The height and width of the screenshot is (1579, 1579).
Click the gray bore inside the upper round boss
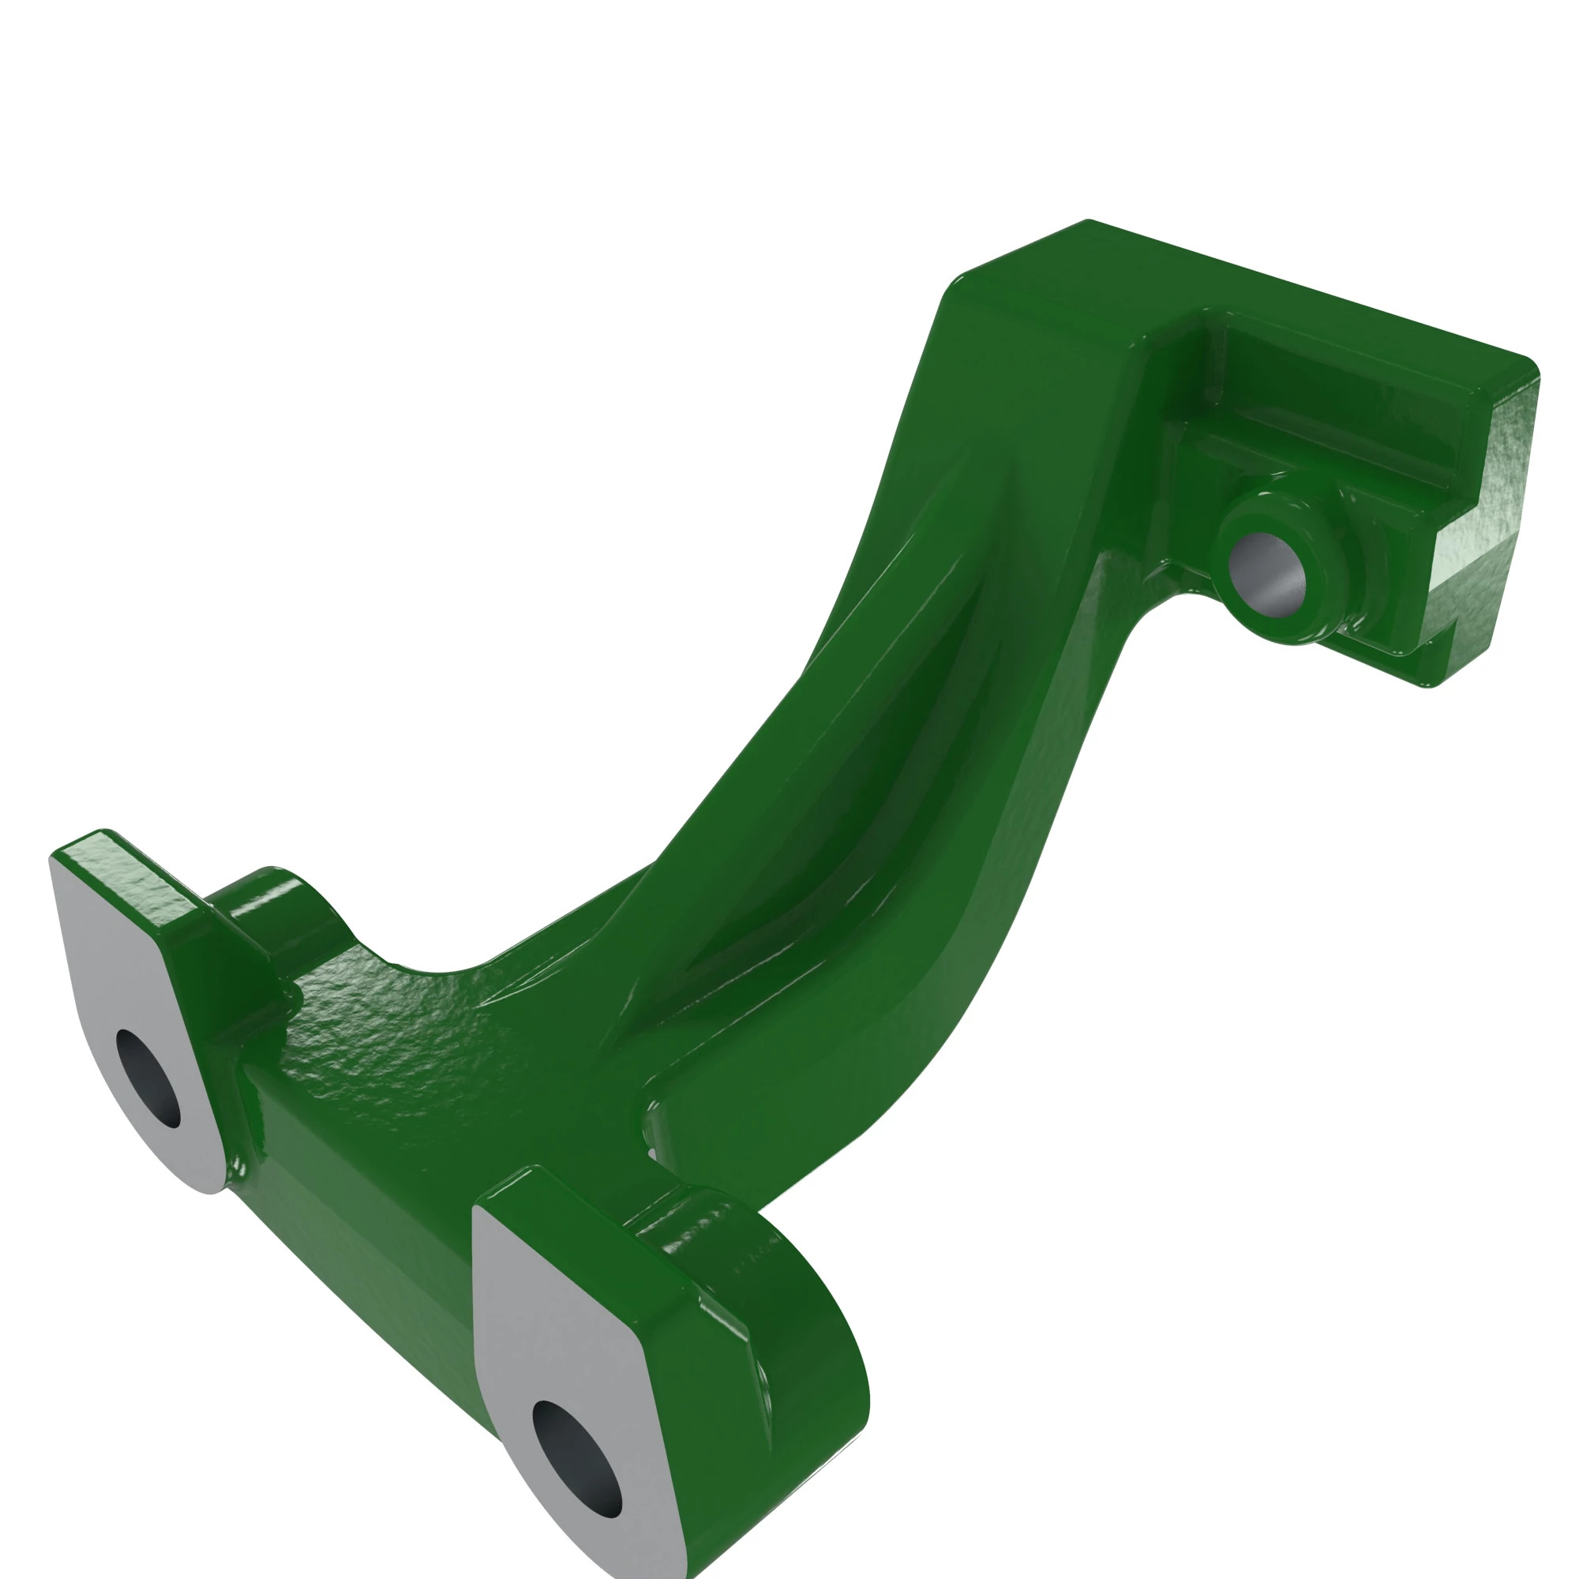(1267, 572)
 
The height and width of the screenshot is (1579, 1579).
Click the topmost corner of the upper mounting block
(1087, 222)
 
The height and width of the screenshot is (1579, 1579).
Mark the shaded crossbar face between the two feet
(359, 1226)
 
